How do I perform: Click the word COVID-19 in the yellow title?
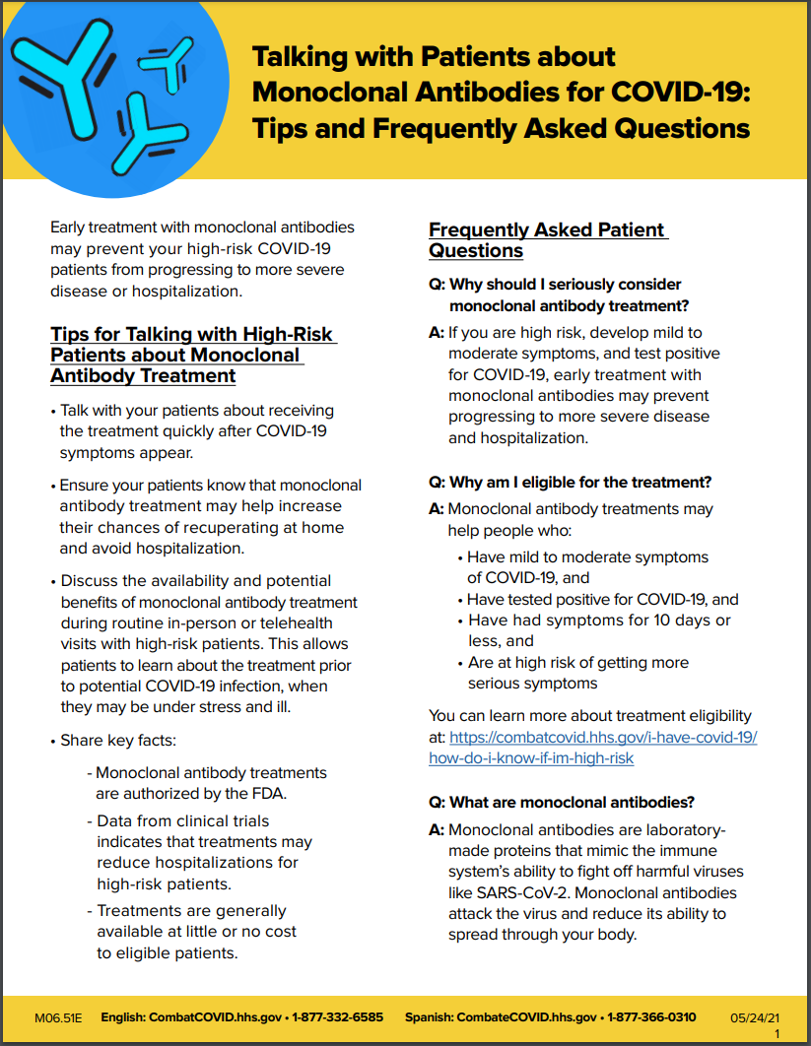pos(681,92)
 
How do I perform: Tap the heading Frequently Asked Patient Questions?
pos(548,240)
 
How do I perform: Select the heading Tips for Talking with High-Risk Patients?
pos(193,355)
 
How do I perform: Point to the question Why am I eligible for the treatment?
pos(571,483)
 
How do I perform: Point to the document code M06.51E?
pos(61,1016)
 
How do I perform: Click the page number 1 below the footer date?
pos(777,1033)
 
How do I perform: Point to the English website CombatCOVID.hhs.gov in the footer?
pos(218,1016)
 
